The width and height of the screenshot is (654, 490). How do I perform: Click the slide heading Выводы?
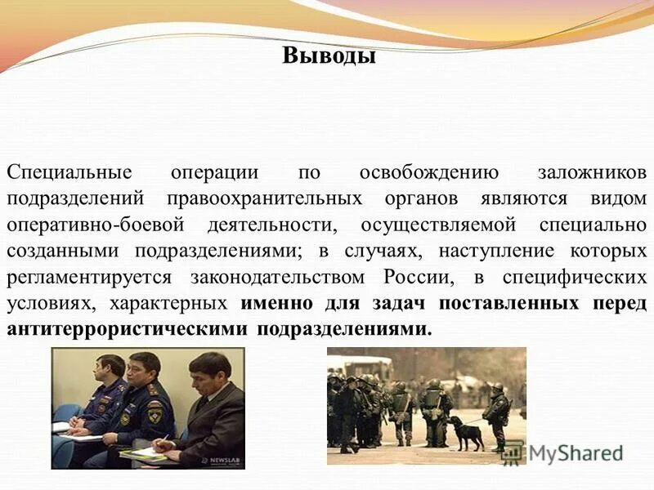tap(329, 56)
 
